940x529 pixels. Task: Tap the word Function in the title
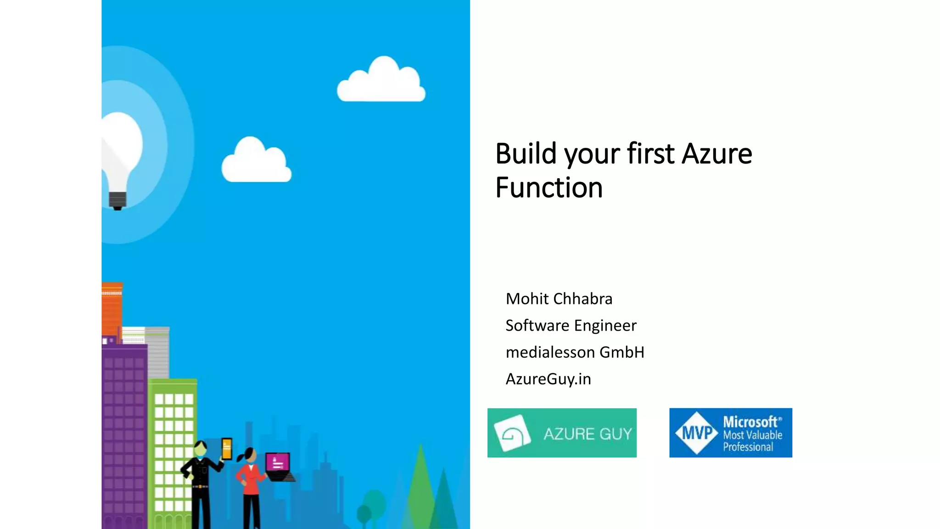pyautogui.click(x=549, y=188)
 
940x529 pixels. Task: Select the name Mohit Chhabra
pyautogui.click(x=559, y=299)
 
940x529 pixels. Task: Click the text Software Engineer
pyautogui.click(x=571, y=326)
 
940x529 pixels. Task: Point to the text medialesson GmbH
pyautogui.click(x=575, y=352)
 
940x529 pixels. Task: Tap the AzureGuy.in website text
pyautogui.click(x=548, y=379)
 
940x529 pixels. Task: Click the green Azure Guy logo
pyautogui.click(x=562, y=433)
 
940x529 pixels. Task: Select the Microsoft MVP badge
pyautogui.click(x=730, y=433)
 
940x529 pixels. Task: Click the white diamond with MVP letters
pyautogui.click(x=697, y=433)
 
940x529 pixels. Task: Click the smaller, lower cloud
pyautogui.click(x=256, y=162)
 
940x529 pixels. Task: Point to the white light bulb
pyautogui.click(x=122, y=147)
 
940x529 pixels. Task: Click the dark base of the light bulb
pyautogui.click(x=117, y=200)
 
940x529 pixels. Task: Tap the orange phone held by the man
pyautogui.click(x=227, y=449)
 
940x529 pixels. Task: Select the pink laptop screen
pyautogui.click(x=278, y=462)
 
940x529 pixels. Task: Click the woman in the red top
pyautogui.click(x=250, y=482)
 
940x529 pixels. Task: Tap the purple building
pyautogui.click(x=124, y=436)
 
